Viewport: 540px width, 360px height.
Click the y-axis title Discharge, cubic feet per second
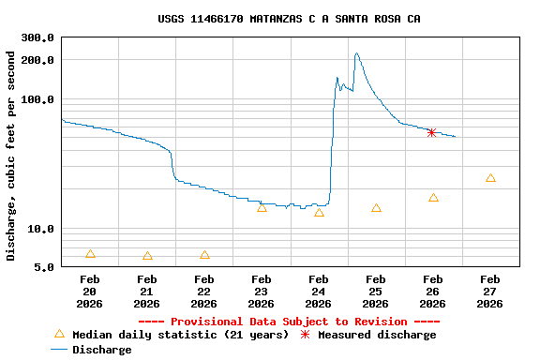(11, 156)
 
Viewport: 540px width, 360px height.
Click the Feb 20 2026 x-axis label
(90, 291)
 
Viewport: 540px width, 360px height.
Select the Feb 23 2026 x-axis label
(262, 291)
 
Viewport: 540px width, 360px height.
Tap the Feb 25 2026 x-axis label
(376, 291)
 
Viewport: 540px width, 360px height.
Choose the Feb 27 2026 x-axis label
(490, 291)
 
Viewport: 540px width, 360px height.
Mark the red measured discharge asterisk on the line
(431, 132)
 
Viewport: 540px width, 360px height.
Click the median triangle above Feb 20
(90, 254)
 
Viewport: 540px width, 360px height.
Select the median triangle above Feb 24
(319, 213)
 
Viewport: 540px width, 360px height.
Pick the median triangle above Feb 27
(490, 178)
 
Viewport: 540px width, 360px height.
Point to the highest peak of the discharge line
(356, 53)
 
